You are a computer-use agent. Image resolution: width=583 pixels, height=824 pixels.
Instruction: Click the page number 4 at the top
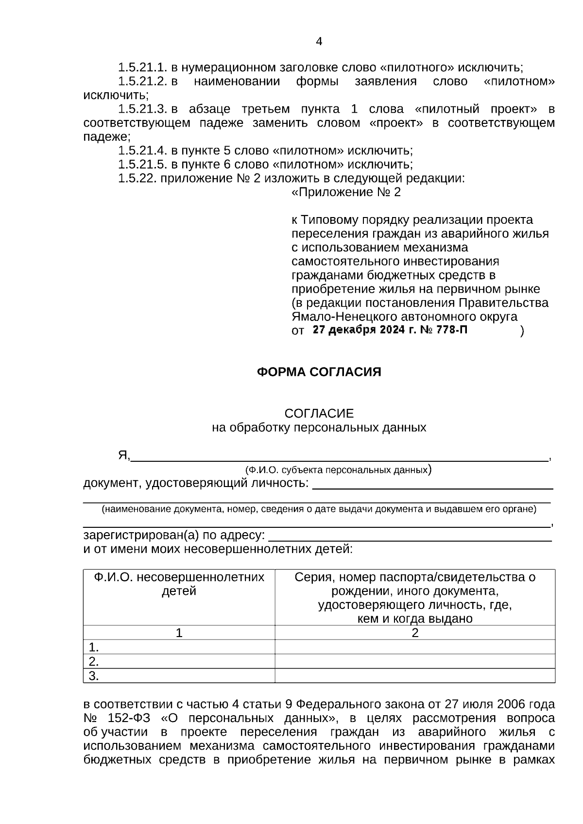click(319, 42)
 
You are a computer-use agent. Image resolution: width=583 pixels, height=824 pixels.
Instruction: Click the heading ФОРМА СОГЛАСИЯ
click(319, 372)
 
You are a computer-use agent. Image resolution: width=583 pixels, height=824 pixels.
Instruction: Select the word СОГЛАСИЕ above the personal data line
click(319, 414)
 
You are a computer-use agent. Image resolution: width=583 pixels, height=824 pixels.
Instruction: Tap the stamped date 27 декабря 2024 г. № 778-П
click(390, 330)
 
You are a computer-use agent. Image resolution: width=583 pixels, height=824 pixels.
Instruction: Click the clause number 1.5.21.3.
click(143, 109)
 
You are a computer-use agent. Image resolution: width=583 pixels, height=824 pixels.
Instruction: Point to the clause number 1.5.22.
click(137, 178)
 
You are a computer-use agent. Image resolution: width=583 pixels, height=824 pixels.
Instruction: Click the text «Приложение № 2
click(346, 192)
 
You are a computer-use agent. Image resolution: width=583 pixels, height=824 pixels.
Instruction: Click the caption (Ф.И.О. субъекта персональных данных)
click(338, 470)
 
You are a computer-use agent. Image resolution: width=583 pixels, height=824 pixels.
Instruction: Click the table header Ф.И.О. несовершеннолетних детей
click(179, 584)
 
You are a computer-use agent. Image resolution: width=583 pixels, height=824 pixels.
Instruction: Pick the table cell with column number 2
click(415, 633)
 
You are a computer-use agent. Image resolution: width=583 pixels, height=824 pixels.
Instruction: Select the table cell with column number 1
click(179, 633)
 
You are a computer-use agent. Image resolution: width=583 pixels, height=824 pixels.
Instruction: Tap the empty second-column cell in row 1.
click(415, 647)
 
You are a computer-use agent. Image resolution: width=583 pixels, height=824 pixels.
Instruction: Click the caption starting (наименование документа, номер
click(319, 509)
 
